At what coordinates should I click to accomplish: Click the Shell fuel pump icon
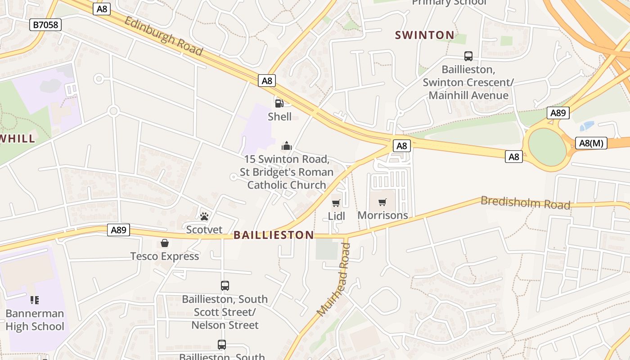[x=279, y=103]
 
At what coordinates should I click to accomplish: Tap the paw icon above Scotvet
[x=204, y=216]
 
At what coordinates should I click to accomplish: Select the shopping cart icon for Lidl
[x=336, y=203]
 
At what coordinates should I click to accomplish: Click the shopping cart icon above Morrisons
[x=382, y=202]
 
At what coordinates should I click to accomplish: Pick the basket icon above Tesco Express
[x=165, y=243]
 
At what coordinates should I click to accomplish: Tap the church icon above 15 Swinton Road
[x=286, y=146]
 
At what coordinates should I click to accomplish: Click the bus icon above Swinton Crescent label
[x=468, y=56]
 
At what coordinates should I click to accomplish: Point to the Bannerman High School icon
[x=35, y=300]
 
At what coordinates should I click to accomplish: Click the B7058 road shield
[x=46, y=24]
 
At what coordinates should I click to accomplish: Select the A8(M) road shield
[x=591, y=143]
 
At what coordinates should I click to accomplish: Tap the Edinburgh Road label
[x=163, y=36]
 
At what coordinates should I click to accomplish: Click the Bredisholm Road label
[x=525, y=203]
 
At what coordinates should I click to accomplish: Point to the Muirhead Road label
[x=334, y=279]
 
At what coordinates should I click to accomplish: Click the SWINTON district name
[x=424, y=35]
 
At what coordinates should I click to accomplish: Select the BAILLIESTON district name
[x=274, y=235]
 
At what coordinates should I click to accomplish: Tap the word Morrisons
[x=382, y=215]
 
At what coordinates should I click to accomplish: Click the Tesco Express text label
[x=165, y=256]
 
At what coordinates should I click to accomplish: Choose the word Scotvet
[x=204, y=229]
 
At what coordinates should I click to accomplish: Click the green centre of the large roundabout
[x=547, y=147]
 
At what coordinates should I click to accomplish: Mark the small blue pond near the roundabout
[x=587, y=126]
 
